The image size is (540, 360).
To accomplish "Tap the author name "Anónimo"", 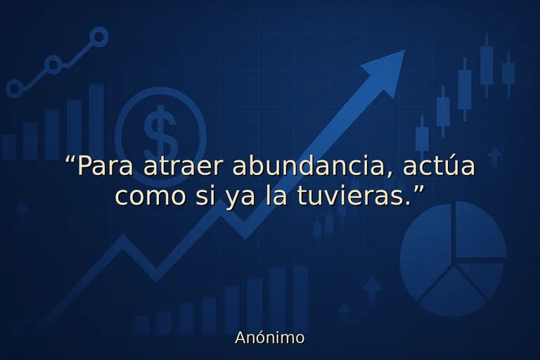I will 270,337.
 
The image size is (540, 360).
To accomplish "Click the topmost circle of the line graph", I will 99,37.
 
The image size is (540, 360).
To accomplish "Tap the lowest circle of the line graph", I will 14,89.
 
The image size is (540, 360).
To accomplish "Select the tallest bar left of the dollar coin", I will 96,121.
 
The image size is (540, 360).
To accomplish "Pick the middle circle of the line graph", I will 53,65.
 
